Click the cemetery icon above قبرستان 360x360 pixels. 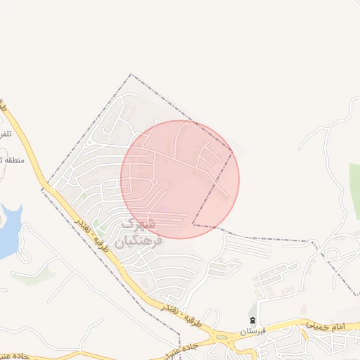click(253, 320)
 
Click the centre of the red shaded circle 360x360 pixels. click(180, 179)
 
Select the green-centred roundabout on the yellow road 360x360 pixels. click(224, 338)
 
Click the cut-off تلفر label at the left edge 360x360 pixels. click(5, 134)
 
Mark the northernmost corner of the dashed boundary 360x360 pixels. click(130, 75)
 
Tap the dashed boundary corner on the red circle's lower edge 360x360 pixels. click(193, 225)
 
